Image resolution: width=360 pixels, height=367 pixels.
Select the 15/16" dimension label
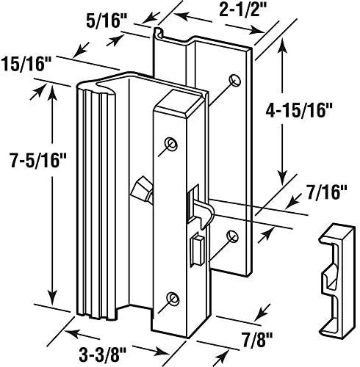tap(26, 65)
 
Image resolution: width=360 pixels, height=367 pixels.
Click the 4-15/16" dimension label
tap(299, 112)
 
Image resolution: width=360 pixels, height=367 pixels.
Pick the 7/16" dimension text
tap(327, 192)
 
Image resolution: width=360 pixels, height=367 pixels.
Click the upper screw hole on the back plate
tap(234, 80)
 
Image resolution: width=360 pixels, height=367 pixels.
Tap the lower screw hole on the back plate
tap(232, 236)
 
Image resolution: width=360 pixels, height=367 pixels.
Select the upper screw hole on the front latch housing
tap(171, 144)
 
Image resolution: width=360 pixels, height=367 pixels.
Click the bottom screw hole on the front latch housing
tap(173, 298)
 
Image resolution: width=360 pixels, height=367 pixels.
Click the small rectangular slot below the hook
tap(198, 249)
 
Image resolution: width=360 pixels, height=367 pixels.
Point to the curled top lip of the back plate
tap(159, 32)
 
